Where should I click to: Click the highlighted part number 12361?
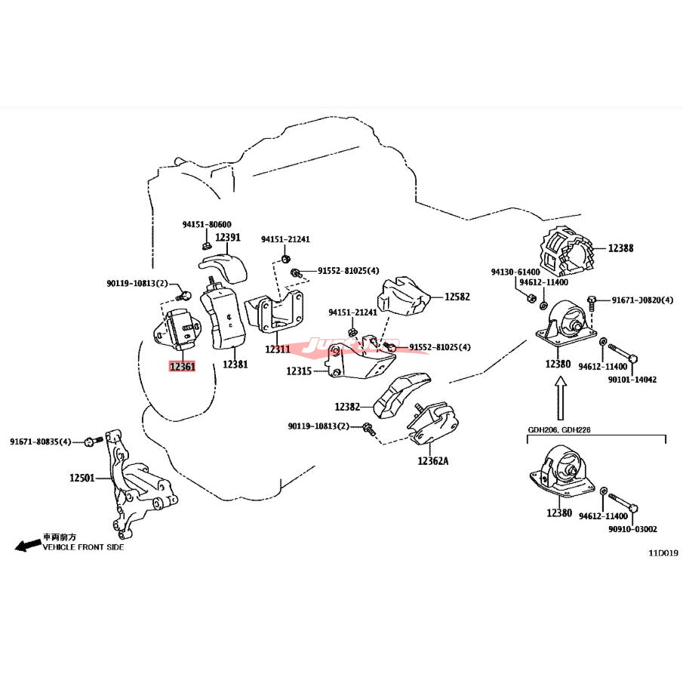click(x=182, y=368)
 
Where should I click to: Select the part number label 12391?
click(x=227, y=237)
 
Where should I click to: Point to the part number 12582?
click(x=457, y=297)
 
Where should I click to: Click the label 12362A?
click(x=432, y=460)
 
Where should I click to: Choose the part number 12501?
click(x=82, y=478)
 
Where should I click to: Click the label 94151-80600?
click(x=206, y=224)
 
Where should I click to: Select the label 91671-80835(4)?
click(x=40, y=441)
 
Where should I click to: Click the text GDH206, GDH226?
click(x=559, y=429)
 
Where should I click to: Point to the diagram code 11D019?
click(x=664, y=552)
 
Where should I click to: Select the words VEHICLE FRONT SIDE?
click(x=83, y=547)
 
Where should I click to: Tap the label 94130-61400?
click(x=515, y=271)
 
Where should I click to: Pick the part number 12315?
click(x=299, y=371)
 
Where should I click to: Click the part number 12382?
click(x=348, y=407)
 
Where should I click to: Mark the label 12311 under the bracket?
click(x=277, y=349)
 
